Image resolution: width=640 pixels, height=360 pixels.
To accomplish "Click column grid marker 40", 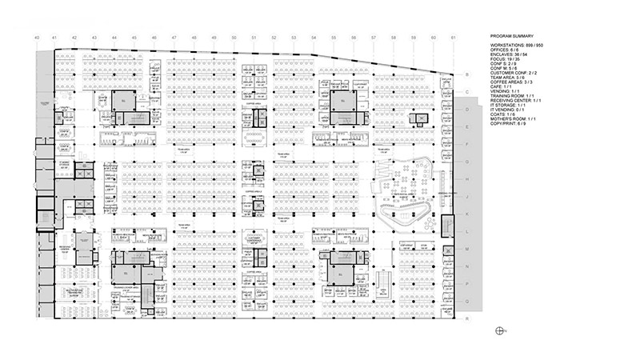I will coord(36,37).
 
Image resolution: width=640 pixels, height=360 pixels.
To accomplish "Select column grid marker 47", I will coord(174,37).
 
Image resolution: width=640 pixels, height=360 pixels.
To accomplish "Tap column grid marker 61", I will coord(453,37).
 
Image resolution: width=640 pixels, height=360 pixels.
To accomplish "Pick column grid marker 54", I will coord(313,37).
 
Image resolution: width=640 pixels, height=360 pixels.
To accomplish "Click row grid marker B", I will coord(466,74).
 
